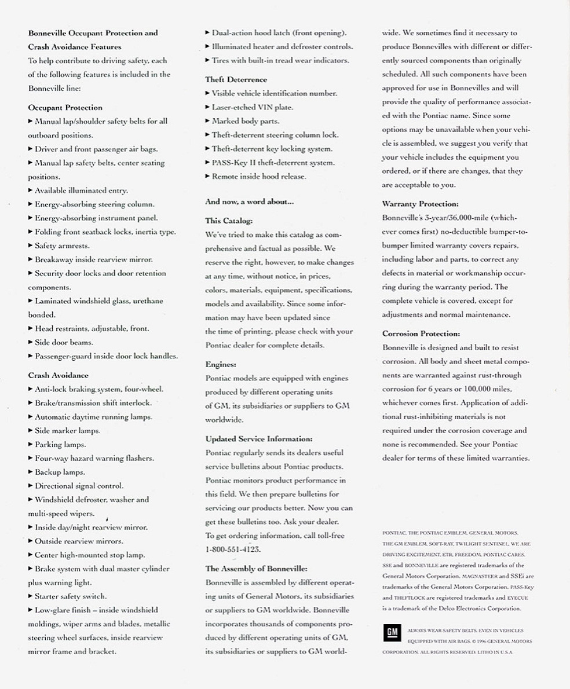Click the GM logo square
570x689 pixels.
392,633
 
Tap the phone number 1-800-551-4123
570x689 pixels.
233,549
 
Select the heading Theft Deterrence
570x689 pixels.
236,79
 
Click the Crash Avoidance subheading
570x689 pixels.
58,375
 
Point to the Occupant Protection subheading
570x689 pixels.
65,107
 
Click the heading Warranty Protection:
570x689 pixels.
420,204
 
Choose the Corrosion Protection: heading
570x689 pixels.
421,333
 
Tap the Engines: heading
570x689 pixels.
221,364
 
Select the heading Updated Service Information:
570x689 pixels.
258,439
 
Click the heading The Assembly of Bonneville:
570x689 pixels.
256,569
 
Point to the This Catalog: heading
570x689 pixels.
229,221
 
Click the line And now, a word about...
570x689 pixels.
249,201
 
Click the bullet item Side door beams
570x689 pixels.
63,342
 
